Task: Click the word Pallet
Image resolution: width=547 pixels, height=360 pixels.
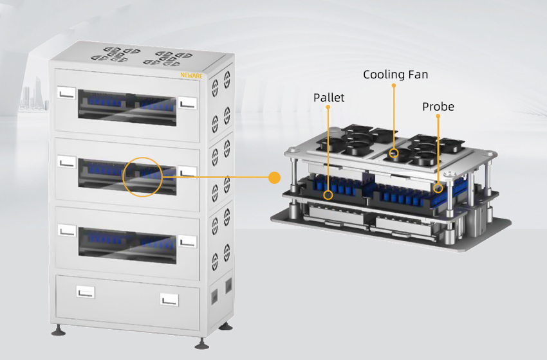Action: [x=329, y=98]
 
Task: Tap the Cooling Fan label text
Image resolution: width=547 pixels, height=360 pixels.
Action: [x=395, y=75]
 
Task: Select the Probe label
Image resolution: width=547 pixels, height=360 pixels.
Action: [x=438, y=107]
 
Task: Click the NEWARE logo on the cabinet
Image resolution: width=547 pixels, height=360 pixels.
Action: [x=190, y=75]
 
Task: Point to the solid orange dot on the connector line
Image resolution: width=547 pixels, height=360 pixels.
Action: [x=275, y=177]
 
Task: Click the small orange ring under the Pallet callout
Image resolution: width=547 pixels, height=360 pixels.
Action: [x=329, y=194]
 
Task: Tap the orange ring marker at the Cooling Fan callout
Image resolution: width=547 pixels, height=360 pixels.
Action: [x=394, y=154]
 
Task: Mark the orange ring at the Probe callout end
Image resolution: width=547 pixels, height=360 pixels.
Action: [x=438, y=188]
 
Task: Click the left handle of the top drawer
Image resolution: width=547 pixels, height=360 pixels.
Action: [x=66, y=93]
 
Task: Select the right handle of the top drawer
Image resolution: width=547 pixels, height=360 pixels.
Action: [x=187, y=102]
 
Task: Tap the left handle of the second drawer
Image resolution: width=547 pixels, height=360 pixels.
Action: [x=66, y=161]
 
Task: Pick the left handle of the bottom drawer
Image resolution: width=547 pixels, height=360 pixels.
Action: [x=85, y=292]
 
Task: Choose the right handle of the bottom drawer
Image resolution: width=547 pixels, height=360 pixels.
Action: [x=169, y=299]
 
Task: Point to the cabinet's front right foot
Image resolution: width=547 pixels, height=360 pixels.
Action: [x=201, y=341]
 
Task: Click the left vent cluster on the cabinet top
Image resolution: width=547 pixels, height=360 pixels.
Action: [x=114, y=54]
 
